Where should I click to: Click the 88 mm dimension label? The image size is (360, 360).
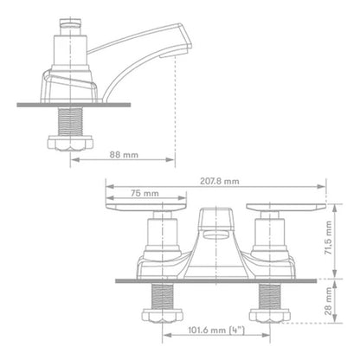(124, 155)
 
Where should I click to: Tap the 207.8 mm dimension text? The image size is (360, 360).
(220, 181)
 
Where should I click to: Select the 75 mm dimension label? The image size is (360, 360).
(145, 193)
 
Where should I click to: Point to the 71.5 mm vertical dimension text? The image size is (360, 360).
(328, 237)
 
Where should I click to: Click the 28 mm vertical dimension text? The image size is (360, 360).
(328, 301)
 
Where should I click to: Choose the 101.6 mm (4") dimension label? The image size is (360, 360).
(216, 330)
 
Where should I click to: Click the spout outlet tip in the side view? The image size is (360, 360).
(175, 55)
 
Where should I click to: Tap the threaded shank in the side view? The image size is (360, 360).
(70, 122)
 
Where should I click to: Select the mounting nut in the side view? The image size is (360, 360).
(70, 144)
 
